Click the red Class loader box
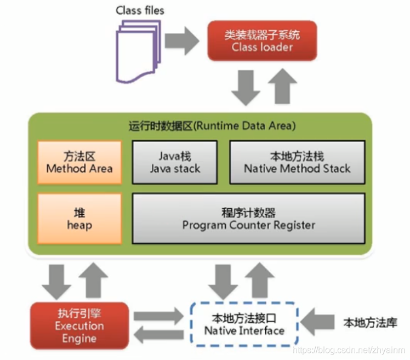(x=262, y=41)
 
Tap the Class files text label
(x=140, y=10)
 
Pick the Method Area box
(x=79, y=163)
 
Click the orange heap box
(x=79, y=218)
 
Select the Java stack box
(x=175, y=163)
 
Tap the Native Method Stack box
(x=297, y=163)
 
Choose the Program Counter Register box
(x=248, y=218)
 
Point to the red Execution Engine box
(x=79, y=325)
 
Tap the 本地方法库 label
(x=370, y=323)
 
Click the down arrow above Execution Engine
(x=56, y=280)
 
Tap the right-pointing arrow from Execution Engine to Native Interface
(x=159, y=316)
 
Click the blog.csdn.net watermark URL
(x=349, y=349)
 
